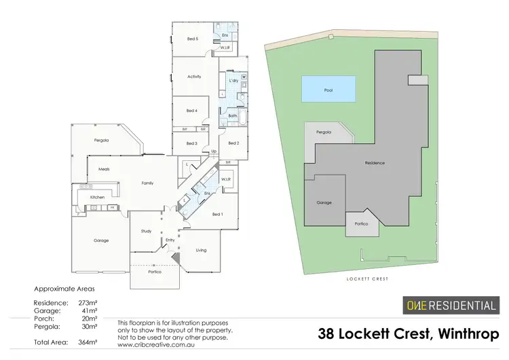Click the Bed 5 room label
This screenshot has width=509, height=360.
coord(192,39)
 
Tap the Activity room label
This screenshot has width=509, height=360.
coord(194,77)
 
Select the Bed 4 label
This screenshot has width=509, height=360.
coord(191,110)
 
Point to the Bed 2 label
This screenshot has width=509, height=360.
coord(233,143)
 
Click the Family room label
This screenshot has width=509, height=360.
coord(147,183)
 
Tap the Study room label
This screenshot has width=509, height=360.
coord(146,231)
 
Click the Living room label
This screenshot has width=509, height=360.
coord(201,250)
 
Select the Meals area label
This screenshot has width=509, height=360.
coord(104,169)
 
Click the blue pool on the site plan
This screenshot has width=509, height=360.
coord(328,89)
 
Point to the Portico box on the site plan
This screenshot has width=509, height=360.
coord(362,223)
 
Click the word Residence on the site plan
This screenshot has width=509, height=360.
coord(375,163)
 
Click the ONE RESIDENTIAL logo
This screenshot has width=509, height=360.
coord(450,305)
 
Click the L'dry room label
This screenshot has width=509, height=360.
coord(233,81)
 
